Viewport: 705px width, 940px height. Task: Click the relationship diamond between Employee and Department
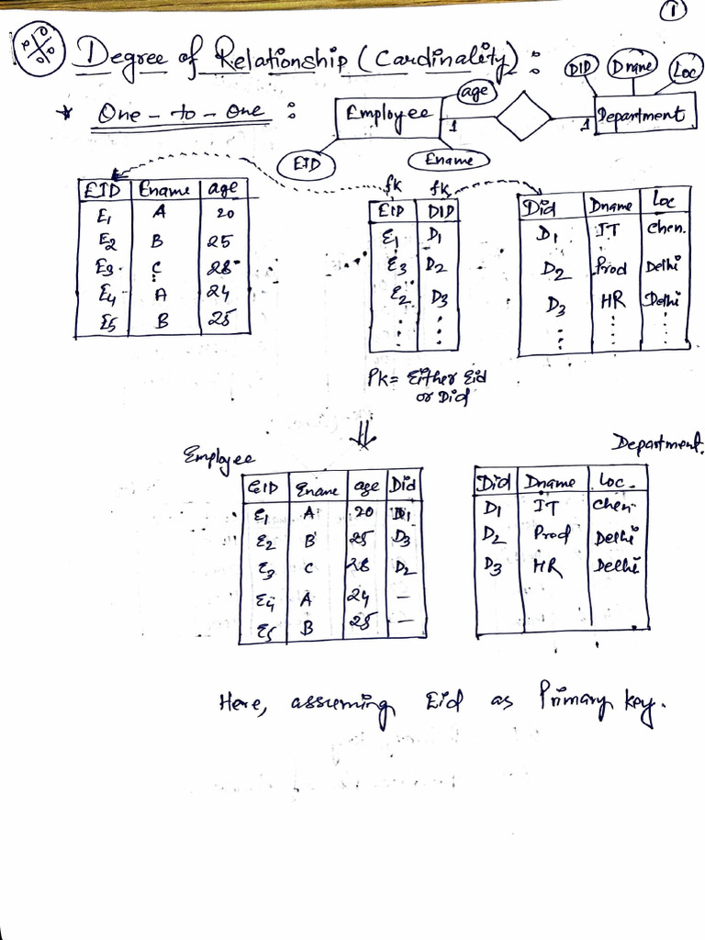523,116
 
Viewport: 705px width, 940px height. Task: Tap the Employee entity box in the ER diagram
389,117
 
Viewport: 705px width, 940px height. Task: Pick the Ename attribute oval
449,160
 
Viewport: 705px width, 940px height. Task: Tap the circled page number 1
673,11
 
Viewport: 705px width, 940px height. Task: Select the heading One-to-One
181,114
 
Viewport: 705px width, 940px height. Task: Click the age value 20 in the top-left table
225,213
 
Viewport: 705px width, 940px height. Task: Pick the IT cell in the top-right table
607,229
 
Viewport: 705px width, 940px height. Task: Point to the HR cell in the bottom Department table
546,568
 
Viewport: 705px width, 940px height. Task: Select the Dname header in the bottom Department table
550,482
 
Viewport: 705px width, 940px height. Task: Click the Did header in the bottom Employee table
403,484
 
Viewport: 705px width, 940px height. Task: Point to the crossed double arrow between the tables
364,441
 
